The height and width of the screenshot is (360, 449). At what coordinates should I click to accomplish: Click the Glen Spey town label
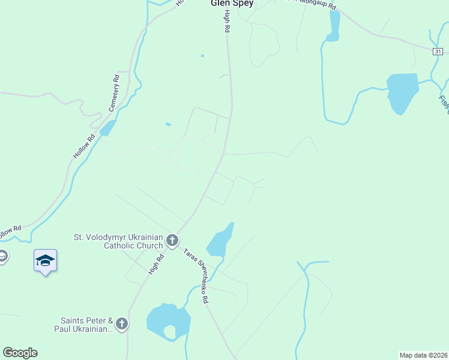click(232, 3)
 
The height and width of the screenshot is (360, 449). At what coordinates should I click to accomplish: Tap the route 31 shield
click(438, 52)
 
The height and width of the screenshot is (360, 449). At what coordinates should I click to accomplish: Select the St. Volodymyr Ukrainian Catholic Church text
click(118, 241)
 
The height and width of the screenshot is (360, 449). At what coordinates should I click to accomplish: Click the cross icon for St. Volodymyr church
click(172, 241)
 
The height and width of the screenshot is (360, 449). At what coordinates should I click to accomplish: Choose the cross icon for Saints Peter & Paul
click(122, 325)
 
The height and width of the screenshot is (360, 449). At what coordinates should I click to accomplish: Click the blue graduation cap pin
click(45, 260)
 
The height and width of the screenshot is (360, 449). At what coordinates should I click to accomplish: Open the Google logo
click(20, 353)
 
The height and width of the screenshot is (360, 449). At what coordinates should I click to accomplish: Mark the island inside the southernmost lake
click(170, 331)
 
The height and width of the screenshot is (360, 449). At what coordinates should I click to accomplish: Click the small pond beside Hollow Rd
click(108, 128)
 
